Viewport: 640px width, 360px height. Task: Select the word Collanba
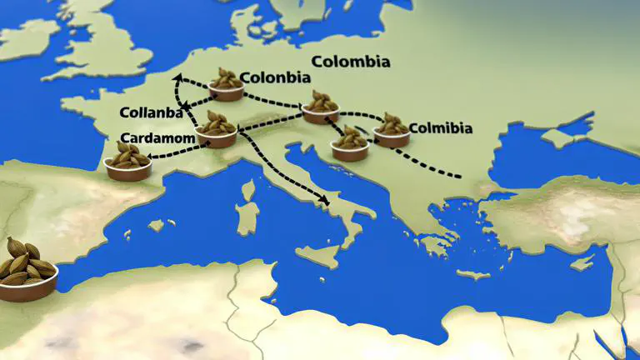coord(154,112)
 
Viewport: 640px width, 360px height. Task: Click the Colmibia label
coord(441,128)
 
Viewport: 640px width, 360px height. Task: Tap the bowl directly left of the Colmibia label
coord(391,130)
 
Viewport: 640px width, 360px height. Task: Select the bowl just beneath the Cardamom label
coord(129,162)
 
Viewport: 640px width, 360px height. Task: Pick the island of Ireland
coord(27,37)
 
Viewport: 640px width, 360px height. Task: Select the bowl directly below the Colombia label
coord(321,107)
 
